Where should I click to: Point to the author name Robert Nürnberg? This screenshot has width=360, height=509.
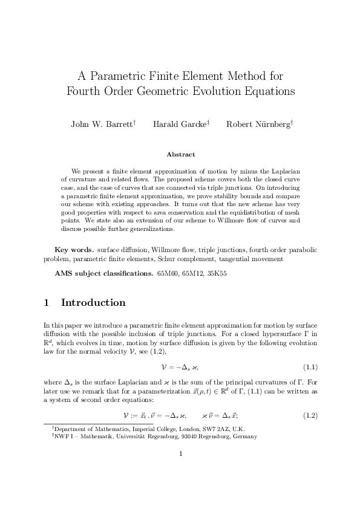[x=258, y=125]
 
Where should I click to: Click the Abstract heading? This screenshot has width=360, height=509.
[x=180, y=155]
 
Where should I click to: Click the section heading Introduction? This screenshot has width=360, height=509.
[x=93, y=303]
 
